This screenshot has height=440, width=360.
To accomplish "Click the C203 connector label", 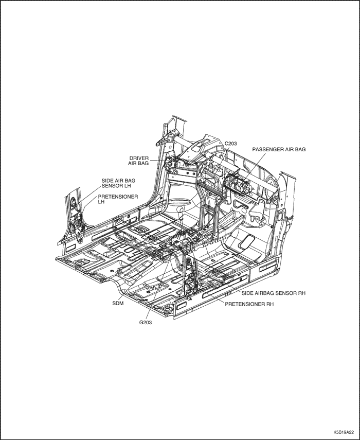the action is [230, 144].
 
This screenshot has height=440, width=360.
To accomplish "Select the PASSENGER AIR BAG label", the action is [279, 150].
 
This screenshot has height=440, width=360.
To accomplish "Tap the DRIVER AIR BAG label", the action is [138, 161].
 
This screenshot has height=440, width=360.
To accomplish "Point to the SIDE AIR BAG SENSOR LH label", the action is [118, 183].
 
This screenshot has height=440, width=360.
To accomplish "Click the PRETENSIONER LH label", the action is [118, 199].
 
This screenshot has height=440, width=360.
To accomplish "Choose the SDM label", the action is [118, 303].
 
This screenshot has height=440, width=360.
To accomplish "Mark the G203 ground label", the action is [146, 323].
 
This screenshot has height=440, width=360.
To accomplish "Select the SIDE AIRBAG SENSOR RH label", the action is [274, 293].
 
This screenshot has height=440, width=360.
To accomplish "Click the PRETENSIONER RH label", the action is [249, 304].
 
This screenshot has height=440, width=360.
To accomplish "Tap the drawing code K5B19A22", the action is [344, 432].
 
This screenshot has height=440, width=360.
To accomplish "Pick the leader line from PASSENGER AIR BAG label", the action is [254, 168].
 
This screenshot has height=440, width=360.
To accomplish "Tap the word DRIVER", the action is [139, 159].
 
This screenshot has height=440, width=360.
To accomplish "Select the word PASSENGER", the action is [266, 150].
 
